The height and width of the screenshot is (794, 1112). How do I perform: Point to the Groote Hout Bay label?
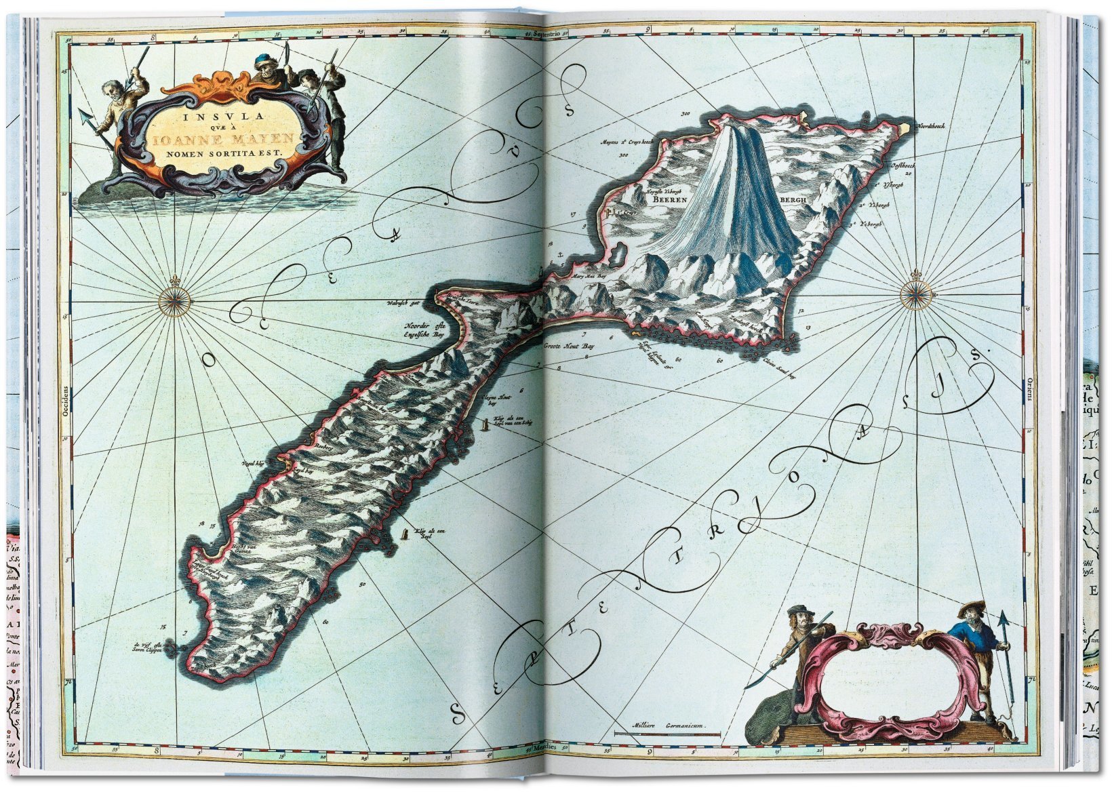click(x=569, y=346)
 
